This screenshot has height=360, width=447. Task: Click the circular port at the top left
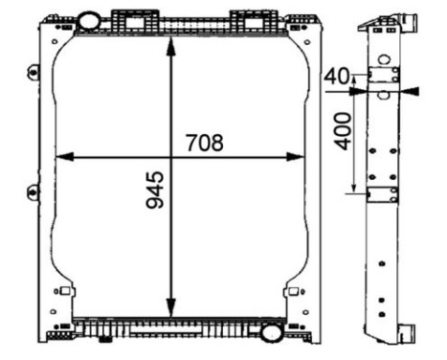pyautogui.click(x=88, y=20)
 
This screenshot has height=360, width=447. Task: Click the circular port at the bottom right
pyautogui.click(x=271, y=333)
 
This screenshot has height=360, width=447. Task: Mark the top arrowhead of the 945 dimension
pyautogui.click(x=170, y=44)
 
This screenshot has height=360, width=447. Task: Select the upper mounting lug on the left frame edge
pyautogui.click(x=34, y=72)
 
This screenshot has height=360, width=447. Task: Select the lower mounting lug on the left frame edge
pyautogui.click(x=34, y=194)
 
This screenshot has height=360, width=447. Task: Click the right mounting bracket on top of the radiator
pyautogui.click(x=248, y=20)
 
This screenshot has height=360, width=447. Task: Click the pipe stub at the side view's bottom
pyautogui.click(x=409, y=334)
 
